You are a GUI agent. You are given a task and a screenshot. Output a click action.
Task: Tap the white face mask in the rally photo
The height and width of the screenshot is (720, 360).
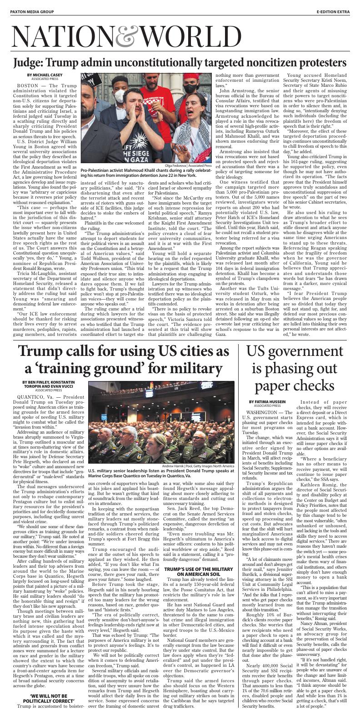point(120,96)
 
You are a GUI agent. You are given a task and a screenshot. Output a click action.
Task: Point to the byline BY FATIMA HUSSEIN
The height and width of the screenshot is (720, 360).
point(267,402)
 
